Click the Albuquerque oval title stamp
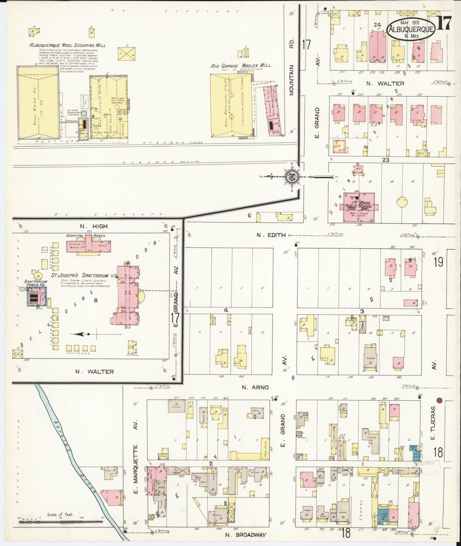click(411, 29)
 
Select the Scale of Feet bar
click(61, 522)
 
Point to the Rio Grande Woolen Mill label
click(241, 66)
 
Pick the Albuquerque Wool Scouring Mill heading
click(67, 45)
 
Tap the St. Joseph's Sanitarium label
click(80, 275)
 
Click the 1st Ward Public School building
click(358, 206)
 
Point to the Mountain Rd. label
click(291, 80)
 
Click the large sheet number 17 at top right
click(444, 23)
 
